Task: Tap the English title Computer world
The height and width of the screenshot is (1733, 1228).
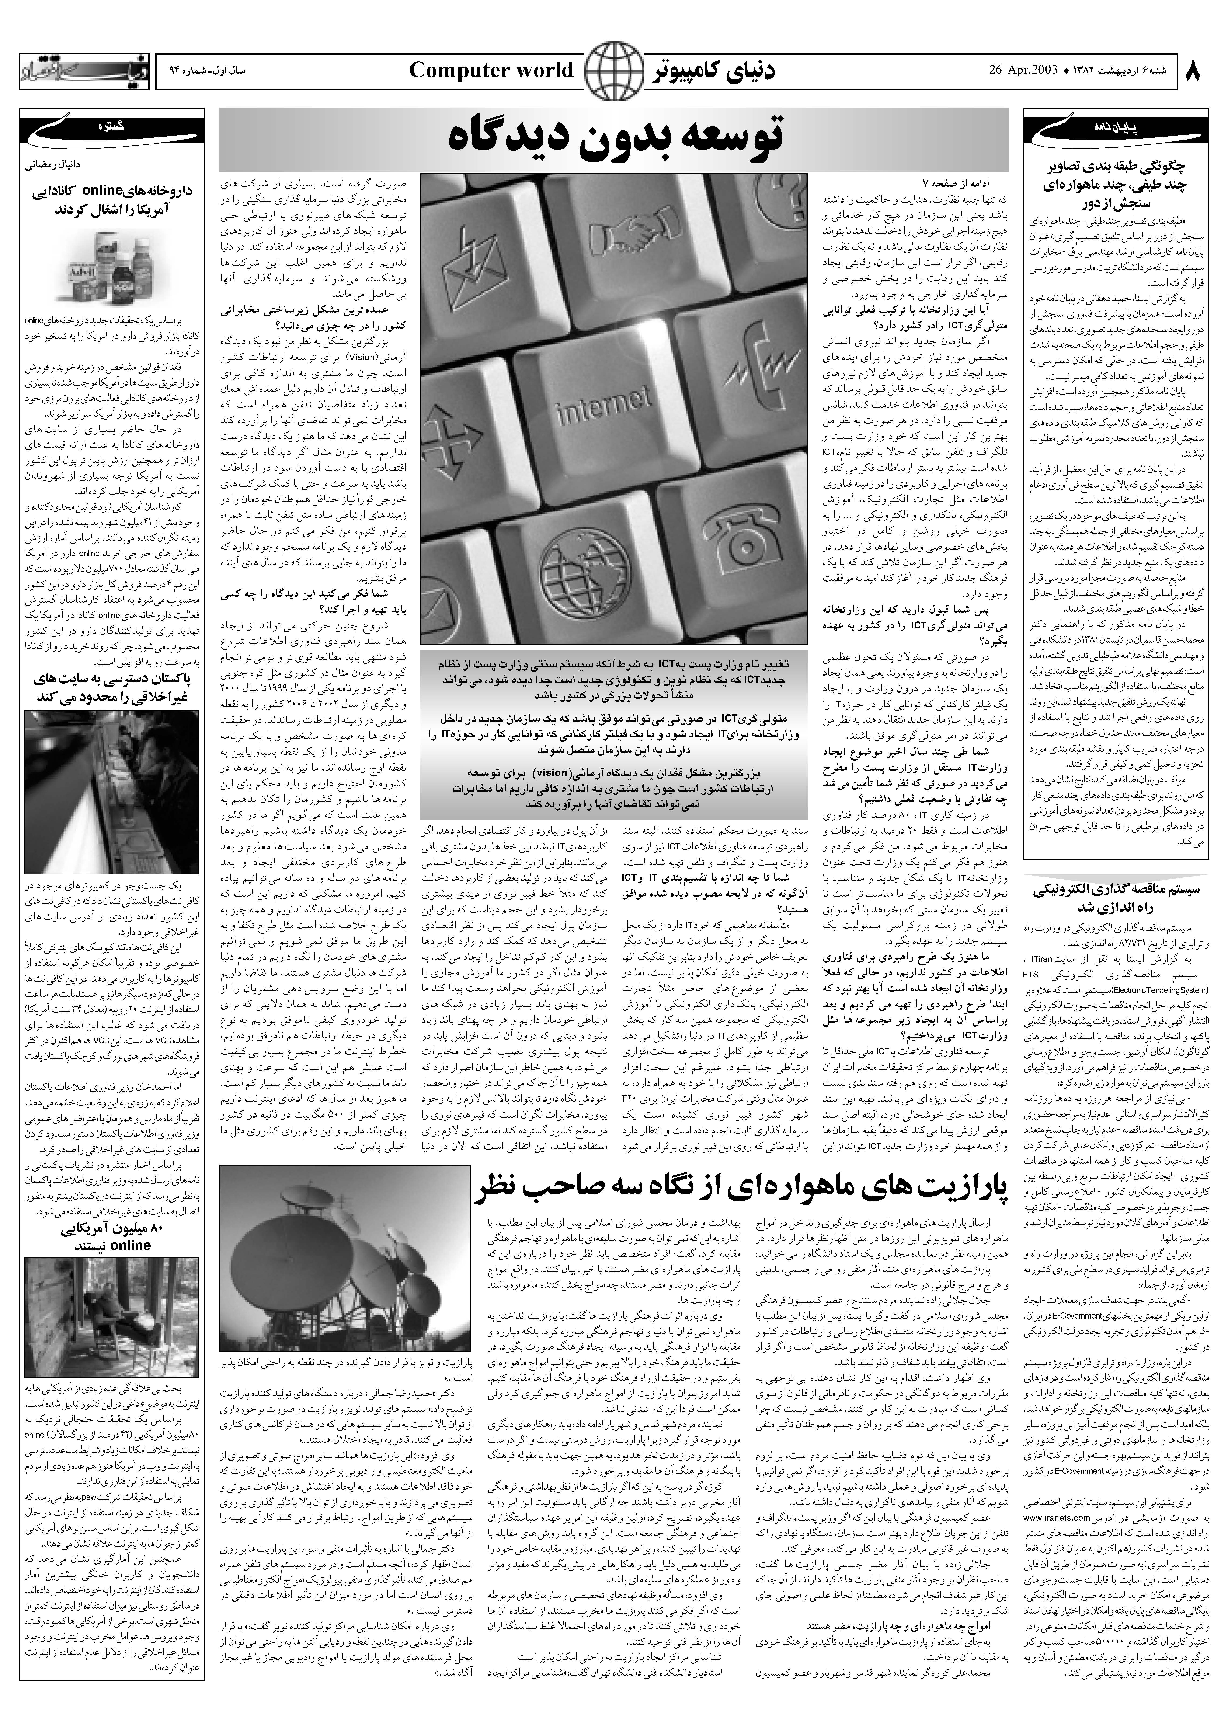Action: tap(491, 70)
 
